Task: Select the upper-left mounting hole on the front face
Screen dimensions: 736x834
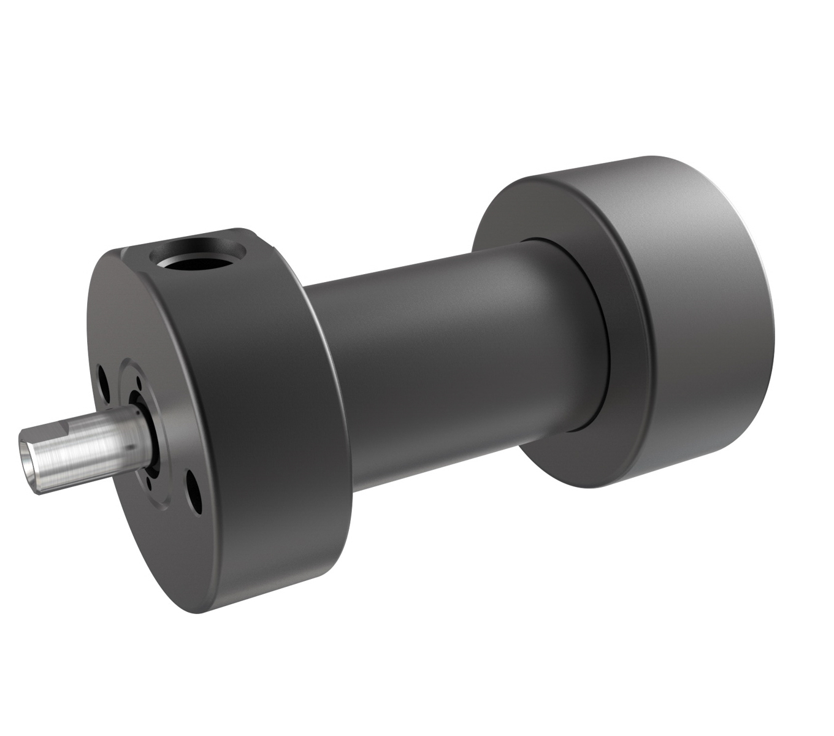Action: click(103, 380)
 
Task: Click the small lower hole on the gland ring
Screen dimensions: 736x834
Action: click(149, 485)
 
